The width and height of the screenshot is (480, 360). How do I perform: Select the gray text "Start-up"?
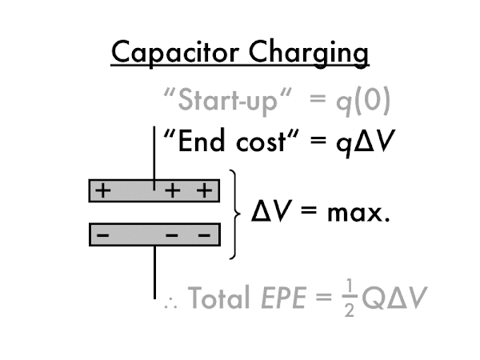[214, 102]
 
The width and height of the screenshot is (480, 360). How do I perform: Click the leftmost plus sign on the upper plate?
[102, 191]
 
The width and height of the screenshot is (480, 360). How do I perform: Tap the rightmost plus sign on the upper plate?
[206, 191]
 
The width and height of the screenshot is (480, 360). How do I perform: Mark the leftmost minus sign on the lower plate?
[102, 236]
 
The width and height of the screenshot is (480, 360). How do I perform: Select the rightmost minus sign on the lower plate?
[206, 236]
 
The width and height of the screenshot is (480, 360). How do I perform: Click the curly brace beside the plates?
[234, 214]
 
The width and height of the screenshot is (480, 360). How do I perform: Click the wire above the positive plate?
[154, 152]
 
